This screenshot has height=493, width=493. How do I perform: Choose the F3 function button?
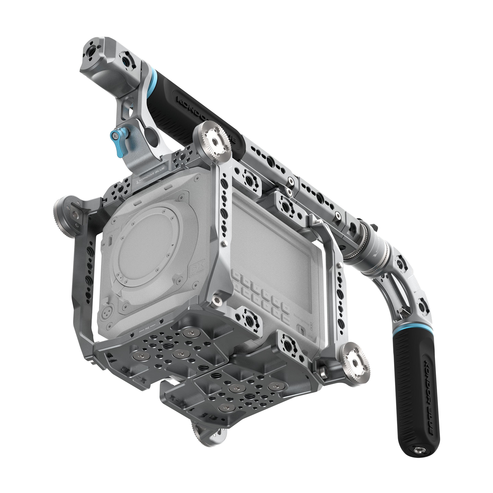pos(286,308)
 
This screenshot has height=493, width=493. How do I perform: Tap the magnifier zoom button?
pos(237,286)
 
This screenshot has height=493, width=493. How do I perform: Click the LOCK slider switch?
pos(302,332)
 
